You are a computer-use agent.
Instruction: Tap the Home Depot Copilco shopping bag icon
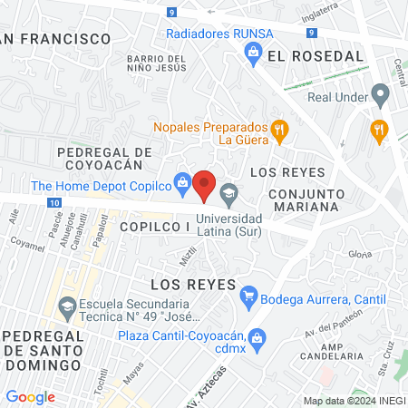pos(182,182)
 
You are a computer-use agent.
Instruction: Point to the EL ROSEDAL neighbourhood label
pos(315,56)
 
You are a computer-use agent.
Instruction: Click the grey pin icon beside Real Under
pos(381,94)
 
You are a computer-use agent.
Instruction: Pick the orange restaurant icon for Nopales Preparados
pos(279,128)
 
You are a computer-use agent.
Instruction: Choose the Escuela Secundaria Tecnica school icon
pos(65,307)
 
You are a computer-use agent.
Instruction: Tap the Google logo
pos(30,397)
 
